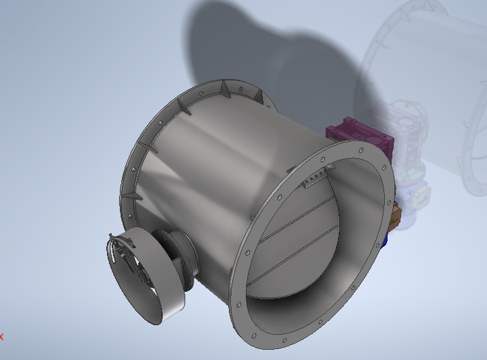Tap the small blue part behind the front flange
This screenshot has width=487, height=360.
click(386, 240)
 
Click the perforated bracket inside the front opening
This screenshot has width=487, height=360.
click(314, 178)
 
